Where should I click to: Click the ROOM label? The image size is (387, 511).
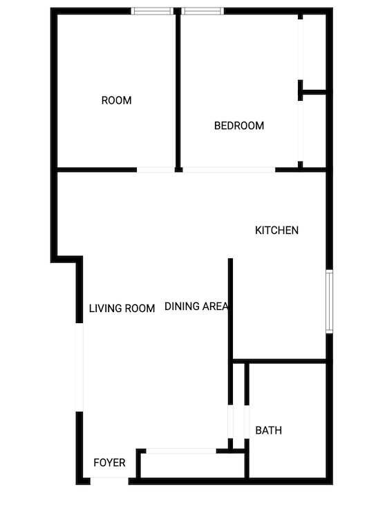click(116, 100)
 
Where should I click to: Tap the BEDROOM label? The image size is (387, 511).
click(239, 126)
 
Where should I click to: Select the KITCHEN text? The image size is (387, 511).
click(276, 231)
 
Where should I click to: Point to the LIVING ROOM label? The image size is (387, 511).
click(122, 308)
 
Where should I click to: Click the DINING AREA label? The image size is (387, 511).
click(196, 307)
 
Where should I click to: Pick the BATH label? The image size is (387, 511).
click(269, 430)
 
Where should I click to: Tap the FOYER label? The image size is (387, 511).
click(110, 463)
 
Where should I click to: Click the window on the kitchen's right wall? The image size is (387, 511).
click(330, 302)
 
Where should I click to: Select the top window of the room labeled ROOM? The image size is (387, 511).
click(152, 11)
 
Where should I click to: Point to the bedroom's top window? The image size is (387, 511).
click(202, 11)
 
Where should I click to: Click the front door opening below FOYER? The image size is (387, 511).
click(110, 481)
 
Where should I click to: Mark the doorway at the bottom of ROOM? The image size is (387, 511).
click(156, 170)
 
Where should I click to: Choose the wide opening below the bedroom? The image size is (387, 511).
click(229, 170)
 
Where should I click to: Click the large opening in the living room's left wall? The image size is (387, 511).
click(79, 367)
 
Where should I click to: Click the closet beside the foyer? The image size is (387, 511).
click(192, 465)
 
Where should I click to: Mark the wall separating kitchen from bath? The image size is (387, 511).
click(280, 361)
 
